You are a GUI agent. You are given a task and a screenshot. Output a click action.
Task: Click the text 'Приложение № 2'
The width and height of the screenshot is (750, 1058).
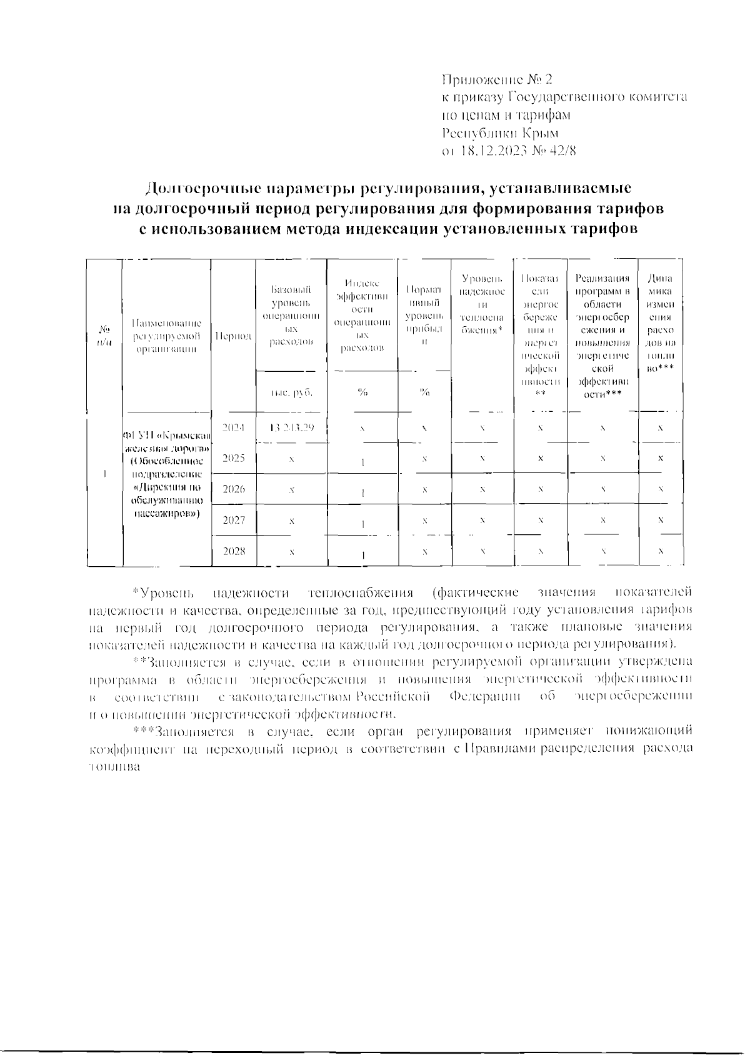point(497,79)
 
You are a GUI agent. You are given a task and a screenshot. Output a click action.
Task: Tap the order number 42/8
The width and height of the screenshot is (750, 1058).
point(560,151)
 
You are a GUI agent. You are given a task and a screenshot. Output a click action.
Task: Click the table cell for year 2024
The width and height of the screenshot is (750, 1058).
point(234,427)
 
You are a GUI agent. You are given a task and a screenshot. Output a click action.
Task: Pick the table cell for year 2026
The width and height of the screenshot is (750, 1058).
point(234,489)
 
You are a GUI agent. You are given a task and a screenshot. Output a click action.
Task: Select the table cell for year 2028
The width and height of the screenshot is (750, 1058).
point(234,551)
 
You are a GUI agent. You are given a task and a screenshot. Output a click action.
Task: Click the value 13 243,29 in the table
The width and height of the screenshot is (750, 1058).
point(291,427)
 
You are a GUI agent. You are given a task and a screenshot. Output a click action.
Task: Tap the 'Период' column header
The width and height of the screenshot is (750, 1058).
point(234,336)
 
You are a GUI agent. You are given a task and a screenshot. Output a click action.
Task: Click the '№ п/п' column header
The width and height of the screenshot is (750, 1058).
point(105,336)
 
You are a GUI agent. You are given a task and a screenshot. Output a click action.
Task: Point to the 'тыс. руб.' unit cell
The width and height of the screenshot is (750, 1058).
point(291,392)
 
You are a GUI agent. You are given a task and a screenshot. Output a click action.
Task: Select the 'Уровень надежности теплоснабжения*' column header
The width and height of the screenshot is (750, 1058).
point(482,303)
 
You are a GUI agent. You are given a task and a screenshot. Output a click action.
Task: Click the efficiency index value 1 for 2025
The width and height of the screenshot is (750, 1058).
point(363,462)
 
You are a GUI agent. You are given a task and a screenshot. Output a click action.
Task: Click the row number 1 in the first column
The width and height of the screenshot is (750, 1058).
point(105,473)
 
